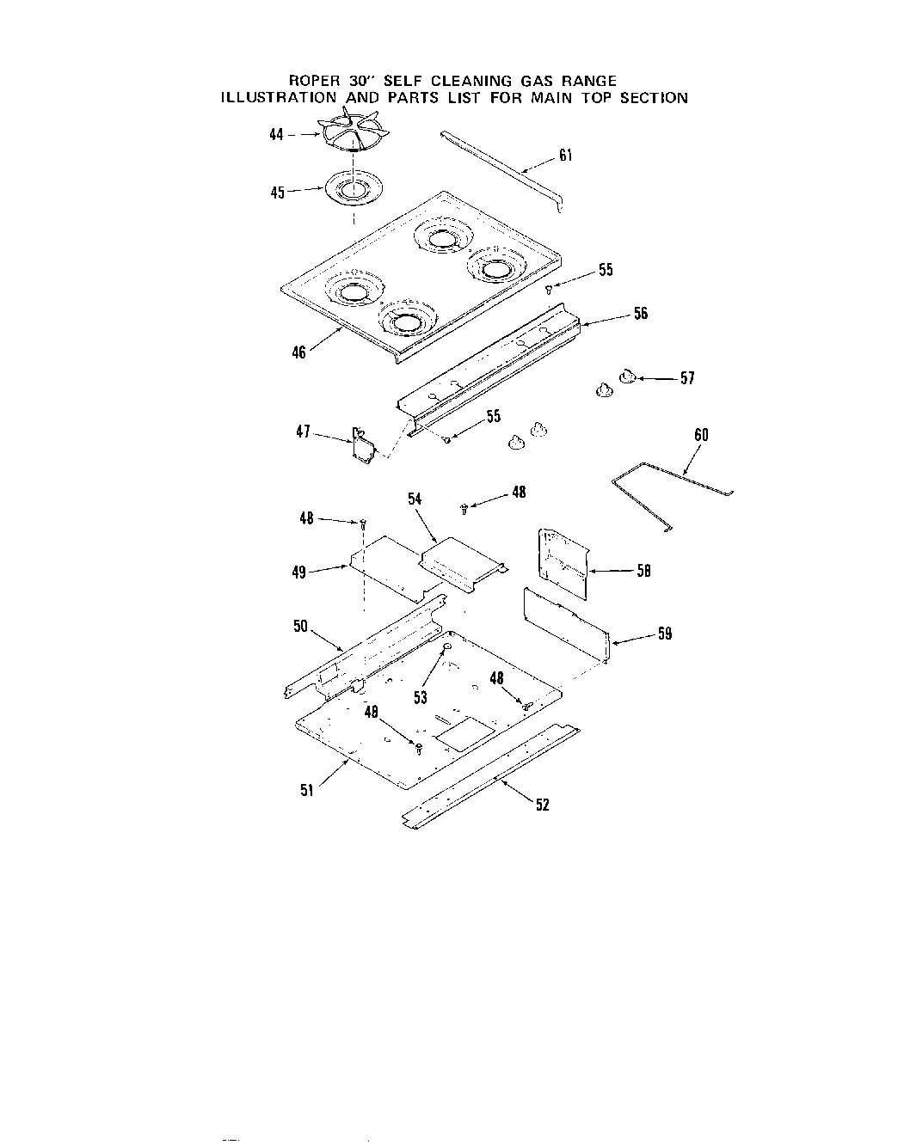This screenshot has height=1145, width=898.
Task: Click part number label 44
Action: point(276,136)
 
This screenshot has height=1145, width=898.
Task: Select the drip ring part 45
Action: point(354,191)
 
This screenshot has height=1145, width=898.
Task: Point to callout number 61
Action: point(565,156)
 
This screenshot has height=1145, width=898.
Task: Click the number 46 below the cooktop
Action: point(298,352)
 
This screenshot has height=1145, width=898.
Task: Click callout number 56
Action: point(641,314)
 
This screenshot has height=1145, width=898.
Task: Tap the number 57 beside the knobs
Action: point(686,378)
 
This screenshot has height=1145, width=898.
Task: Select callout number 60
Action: point(701,435)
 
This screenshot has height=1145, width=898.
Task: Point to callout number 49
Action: point(299,572)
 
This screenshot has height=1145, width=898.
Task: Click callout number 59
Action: point(664,634)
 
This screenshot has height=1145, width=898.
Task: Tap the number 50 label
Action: point(300,627)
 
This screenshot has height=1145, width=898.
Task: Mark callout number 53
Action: point(421,698)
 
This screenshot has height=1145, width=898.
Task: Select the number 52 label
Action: point(542,805)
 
